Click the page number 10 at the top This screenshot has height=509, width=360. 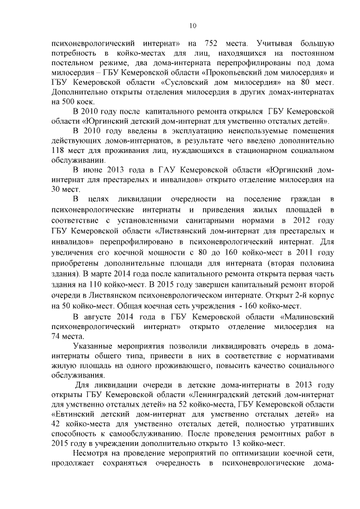tap(193, 25)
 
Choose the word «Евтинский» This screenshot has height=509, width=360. tap(77, 413)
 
